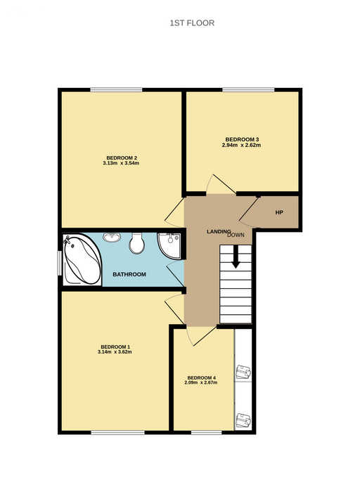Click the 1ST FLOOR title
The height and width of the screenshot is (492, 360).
(x=192, y=23)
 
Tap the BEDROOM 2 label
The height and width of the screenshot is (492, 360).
(x=122, y=158)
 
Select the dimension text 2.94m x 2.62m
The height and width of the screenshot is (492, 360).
(x=241, y=145)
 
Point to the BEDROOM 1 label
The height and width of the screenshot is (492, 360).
(x=115, y=347)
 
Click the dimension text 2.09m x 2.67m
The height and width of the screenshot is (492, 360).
(x=201, y=382)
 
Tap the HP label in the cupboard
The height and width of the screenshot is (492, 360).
(x=279, y=212)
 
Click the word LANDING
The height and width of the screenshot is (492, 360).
(x=219, y=231)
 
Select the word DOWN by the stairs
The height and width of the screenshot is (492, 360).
(x=236, y=235)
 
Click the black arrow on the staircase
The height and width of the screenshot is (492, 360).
(x=236, y=257)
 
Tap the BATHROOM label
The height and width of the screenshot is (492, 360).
(x=129, y=275)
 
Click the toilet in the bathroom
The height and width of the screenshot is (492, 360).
(x=137, y=243)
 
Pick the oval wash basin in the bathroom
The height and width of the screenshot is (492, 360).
(x=112, y=238)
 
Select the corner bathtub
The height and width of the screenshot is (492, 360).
(x=82, y=260)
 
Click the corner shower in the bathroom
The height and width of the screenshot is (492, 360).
(x=169, y=246)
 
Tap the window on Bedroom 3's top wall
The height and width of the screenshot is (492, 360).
(x=249, y=90)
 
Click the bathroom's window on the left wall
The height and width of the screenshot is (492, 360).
(x=59, y=263)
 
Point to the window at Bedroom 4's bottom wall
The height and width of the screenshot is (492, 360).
(x=207, y=433)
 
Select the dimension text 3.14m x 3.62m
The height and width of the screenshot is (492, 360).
(x=115, y=351)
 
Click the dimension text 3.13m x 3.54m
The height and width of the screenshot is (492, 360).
(x=121, y=163)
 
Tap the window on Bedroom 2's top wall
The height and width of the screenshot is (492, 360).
(x=117, y=90)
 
